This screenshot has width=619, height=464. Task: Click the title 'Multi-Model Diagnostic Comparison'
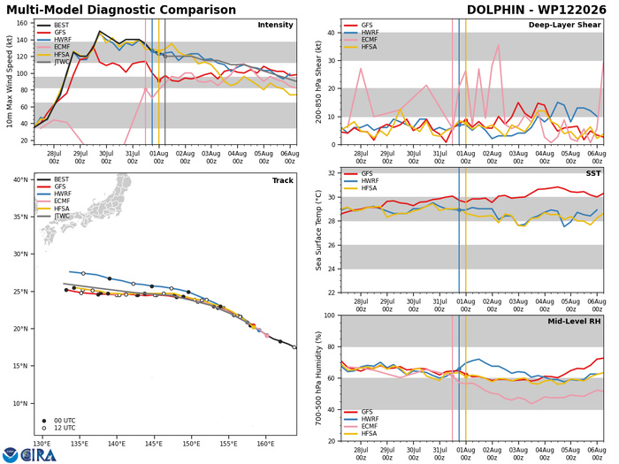point(121,10)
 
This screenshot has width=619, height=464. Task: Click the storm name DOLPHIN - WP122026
point(536,10)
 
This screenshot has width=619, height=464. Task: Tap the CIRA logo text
point(38,455)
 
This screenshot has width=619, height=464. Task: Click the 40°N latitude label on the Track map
point(21,180)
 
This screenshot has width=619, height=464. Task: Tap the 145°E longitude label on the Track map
point(154,444)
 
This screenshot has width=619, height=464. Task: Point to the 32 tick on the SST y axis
point(332,173)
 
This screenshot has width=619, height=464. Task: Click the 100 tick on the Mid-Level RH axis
point(330,316)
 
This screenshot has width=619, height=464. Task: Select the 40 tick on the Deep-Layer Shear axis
point(332,34)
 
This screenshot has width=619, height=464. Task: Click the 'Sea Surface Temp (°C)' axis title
point(318,231)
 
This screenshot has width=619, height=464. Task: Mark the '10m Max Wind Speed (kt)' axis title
point(9,81)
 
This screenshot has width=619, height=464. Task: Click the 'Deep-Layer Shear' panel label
point(564,25)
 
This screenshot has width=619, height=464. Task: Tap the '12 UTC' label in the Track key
point(65,428)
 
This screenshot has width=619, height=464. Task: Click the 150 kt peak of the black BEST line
point(99,31)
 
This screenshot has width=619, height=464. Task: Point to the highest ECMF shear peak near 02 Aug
point(499,45)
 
